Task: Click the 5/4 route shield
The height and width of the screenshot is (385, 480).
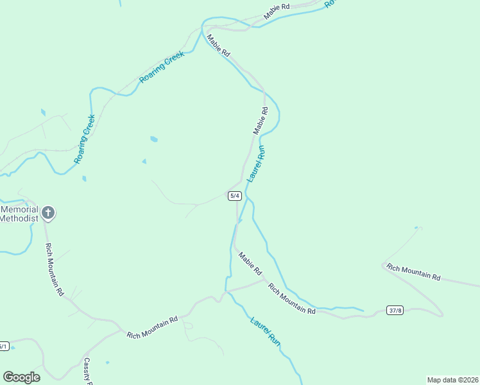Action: point(235,196)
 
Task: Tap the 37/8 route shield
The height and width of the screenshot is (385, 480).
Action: point(395,311)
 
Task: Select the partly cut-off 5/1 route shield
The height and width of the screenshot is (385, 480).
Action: point(3,346)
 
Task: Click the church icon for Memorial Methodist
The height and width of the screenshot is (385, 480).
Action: point(48,212)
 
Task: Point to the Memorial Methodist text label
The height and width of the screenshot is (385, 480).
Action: point(19,214)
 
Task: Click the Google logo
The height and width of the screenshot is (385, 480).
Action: point(21,377)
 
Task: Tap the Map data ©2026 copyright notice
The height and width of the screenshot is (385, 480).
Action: point(452,379)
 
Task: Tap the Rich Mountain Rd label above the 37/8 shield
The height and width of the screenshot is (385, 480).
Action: point(414,273)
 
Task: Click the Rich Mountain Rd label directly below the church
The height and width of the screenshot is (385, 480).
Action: point(55,269)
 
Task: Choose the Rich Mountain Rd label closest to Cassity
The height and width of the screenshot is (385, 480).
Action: point(152,327)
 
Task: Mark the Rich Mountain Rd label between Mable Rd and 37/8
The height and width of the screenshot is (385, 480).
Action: point(292,298)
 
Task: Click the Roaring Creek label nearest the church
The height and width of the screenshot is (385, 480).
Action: point(85,139)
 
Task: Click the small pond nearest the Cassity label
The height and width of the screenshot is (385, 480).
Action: point(107,363)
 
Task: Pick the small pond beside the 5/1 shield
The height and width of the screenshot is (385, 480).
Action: point(13,348)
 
